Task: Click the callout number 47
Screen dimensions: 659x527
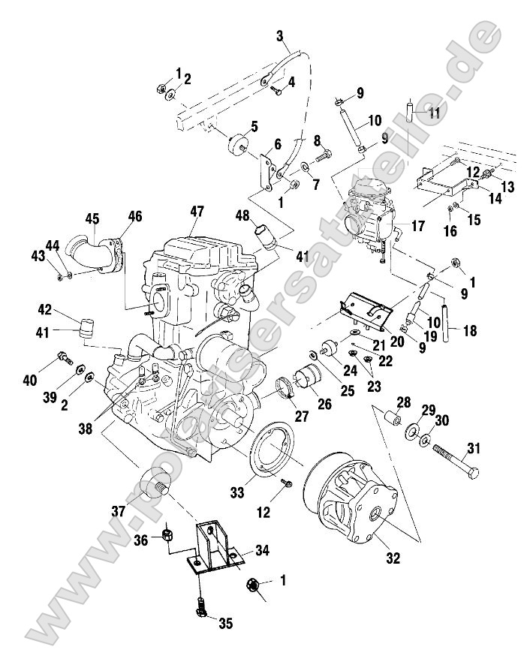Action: pos(196,212)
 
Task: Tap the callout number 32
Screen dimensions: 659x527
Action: pos(392,558)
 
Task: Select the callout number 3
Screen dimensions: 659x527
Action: pos(279,35)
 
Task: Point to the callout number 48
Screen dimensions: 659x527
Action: pos(243,215)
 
